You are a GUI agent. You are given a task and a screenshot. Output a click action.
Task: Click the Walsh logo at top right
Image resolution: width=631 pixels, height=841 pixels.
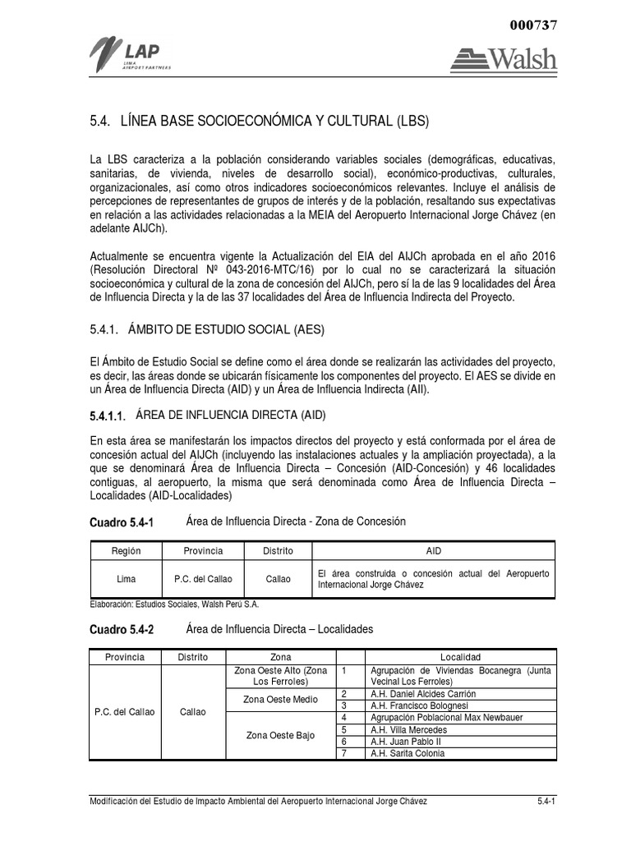[x=503, y=58]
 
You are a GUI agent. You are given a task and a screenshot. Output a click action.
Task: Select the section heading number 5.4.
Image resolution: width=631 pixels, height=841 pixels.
[x=99, y=122]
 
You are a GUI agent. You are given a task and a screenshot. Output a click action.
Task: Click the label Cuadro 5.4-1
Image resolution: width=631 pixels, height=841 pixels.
[x=121, y=522]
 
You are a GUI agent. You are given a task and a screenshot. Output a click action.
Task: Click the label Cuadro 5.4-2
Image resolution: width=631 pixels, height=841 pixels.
[x=121, y=630]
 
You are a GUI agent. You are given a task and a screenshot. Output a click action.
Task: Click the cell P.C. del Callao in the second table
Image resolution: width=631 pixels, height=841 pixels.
[x=124, y=711]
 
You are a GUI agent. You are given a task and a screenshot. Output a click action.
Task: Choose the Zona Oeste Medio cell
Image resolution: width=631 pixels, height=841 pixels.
[x=280, y=699]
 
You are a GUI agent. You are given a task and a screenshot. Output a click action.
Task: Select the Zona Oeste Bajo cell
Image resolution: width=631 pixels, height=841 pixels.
[x=280, y=735]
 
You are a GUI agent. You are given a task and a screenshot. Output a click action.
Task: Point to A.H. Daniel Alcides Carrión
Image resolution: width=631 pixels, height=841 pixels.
[x=423, y=694]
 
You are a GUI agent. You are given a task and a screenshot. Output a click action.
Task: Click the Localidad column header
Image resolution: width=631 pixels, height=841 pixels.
[x=460, y=658]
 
